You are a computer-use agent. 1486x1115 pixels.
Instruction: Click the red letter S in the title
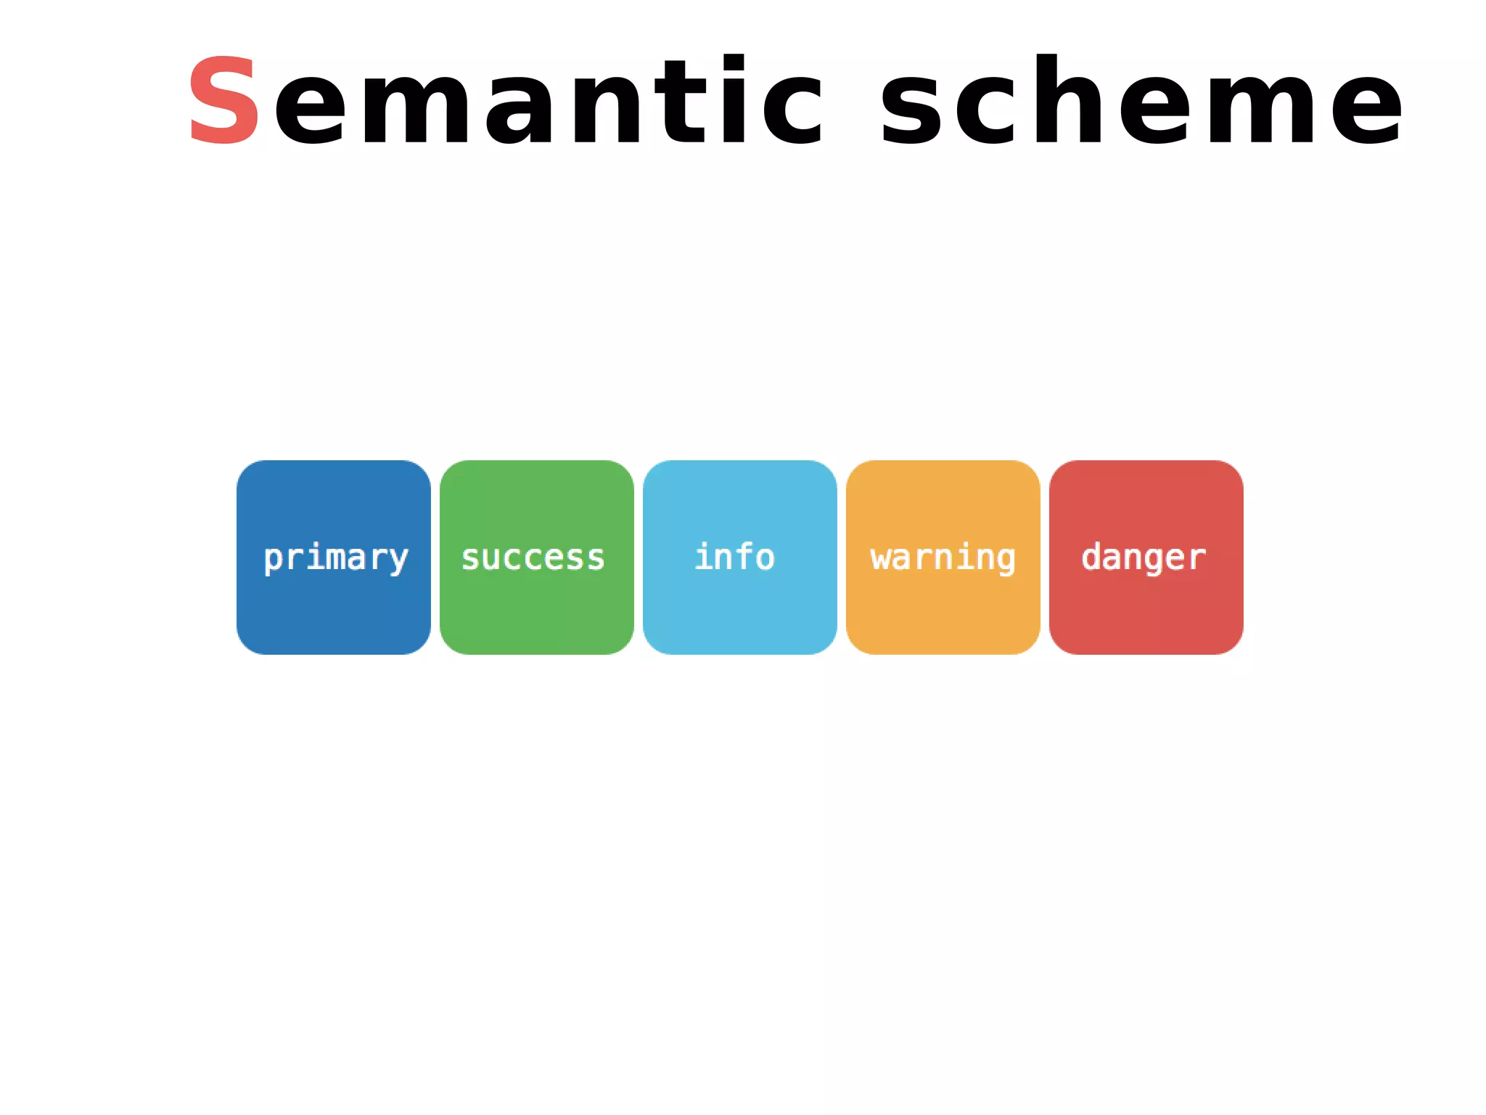tap(223, 101)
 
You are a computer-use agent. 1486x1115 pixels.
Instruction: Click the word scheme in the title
tap(1141, 101)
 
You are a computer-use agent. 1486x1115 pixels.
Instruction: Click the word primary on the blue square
tap(335, 558)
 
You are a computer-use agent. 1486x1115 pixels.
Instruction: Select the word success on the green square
tap(533, 558)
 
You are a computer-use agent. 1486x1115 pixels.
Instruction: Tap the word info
tap(734, 557)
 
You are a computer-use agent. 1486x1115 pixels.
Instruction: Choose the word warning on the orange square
tap(943, 558)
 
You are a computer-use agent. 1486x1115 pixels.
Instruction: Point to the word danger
tap(1144, 558)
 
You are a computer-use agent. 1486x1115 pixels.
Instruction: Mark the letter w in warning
tap(880, 558)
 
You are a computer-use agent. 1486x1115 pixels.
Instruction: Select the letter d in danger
tap(1091, 557)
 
